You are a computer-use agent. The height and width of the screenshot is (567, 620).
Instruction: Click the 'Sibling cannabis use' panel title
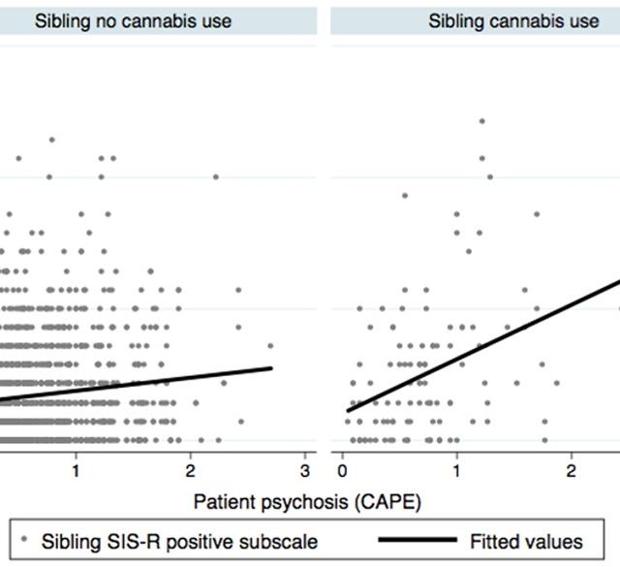pyautogui.click(x=513, y=20)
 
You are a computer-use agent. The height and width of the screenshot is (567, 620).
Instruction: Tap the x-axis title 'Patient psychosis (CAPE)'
pyautogui.click(x=307, y=501)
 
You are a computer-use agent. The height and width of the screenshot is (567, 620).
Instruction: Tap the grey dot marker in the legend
pyautogui.click(x=24, y=539)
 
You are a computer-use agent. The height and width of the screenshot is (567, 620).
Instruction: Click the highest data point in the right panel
pyautogui.click(x=481, y=121)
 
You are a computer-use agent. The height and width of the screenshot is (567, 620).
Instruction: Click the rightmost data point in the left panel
pyautogui.click(x=270, y=345)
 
